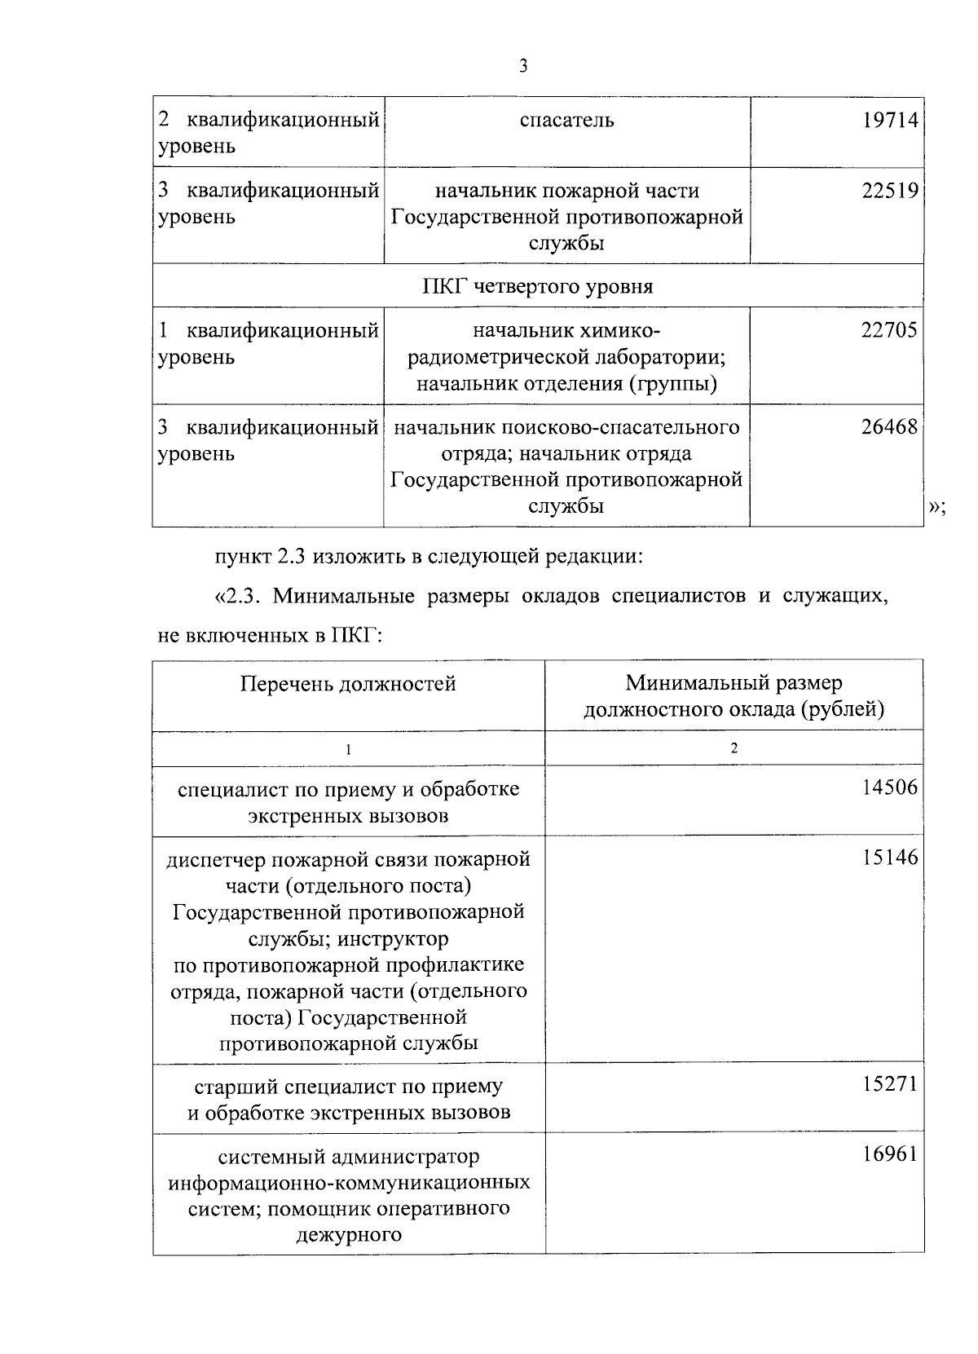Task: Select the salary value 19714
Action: (x=890, y=121)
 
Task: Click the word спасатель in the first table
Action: (x=566, y=121)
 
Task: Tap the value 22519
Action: (x=890, y=191)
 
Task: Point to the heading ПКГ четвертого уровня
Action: (x=538, y=287)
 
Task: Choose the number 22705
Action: (x=890, y=330)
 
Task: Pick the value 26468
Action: (x=890, y=426)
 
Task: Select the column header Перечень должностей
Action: (x=348, y=683)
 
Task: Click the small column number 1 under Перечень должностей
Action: (x=348, y=749)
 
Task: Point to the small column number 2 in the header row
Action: (x=733, y=748)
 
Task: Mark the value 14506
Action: (x=890, y=787)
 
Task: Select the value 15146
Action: (x=890, y=858)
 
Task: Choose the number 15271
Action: (x=890, y=1085)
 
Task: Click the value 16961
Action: (x=890, y=1154)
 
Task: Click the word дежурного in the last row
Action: (x=349, y=1234)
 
